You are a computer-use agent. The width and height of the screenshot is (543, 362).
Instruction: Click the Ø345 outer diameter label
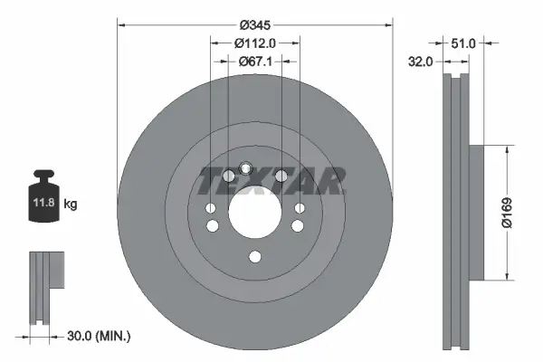[256, 22]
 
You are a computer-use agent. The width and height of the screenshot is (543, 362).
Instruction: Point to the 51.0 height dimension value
[462, 42]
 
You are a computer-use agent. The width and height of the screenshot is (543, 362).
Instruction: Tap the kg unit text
[71, 205]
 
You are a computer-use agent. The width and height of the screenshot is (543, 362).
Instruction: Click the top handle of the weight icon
[43, 175]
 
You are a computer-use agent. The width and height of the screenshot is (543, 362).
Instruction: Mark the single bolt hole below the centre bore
[254, 257]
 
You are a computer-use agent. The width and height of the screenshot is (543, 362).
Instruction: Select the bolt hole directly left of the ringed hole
[227, 175]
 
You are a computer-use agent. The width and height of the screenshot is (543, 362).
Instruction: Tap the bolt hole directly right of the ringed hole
[281, 175]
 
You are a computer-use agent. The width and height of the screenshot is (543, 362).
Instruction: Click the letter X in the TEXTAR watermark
[270, 181]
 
